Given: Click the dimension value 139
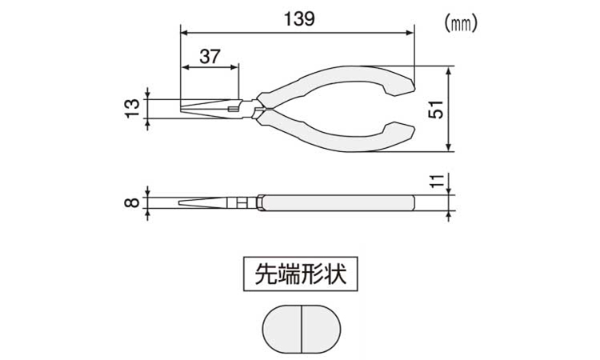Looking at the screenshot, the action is [299, 18].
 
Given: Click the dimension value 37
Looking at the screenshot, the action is [210, 57].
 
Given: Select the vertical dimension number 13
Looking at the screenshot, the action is [132, 108].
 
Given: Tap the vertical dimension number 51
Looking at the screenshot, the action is [435, 109].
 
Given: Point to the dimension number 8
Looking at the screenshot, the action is [132, 202].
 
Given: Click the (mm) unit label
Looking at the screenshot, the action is [461, 25].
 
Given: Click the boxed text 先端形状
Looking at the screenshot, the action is [301, 274].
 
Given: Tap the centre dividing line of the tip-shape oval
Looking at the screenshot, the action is [302, 329].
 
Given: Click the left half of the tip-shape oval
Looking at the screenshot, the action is [282, 329].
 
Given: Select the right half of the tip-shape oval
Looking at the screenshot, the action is [321, 329].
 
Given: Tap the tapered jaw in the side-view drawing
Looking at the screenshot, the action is [203, 202].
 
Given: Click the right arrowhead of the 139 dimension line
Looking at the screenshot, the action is [410, 33].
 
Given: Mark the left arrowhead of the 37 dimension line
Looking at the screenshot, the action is [186, 67].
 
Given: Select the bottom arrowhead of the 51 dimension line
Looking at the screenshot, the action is [450, 147].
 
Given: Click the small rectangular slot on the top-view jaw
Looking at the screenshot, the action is [233, 109].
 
